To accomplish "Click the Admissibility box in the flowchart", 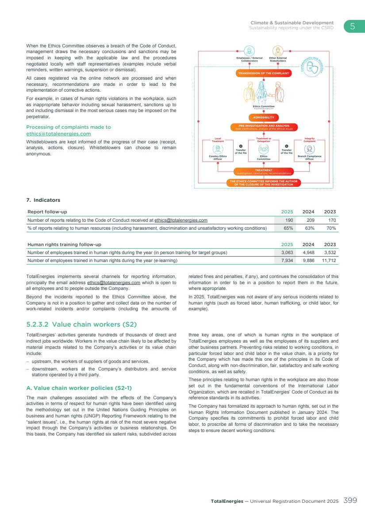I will (263, 117).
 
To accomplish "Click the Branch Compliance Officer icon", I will (309, 149).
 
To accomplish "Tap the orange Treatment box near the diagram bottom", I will (263, 171).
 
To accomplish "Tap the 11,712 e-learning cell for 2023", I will (328, 261).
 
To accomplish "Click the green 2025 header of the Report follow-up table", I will (287, 212).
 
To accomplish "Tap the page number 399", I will (350, 501).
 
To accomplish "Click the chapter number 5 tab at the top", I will (353, 26).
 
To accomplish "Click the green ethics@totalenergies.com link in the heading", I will (58, 134).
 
